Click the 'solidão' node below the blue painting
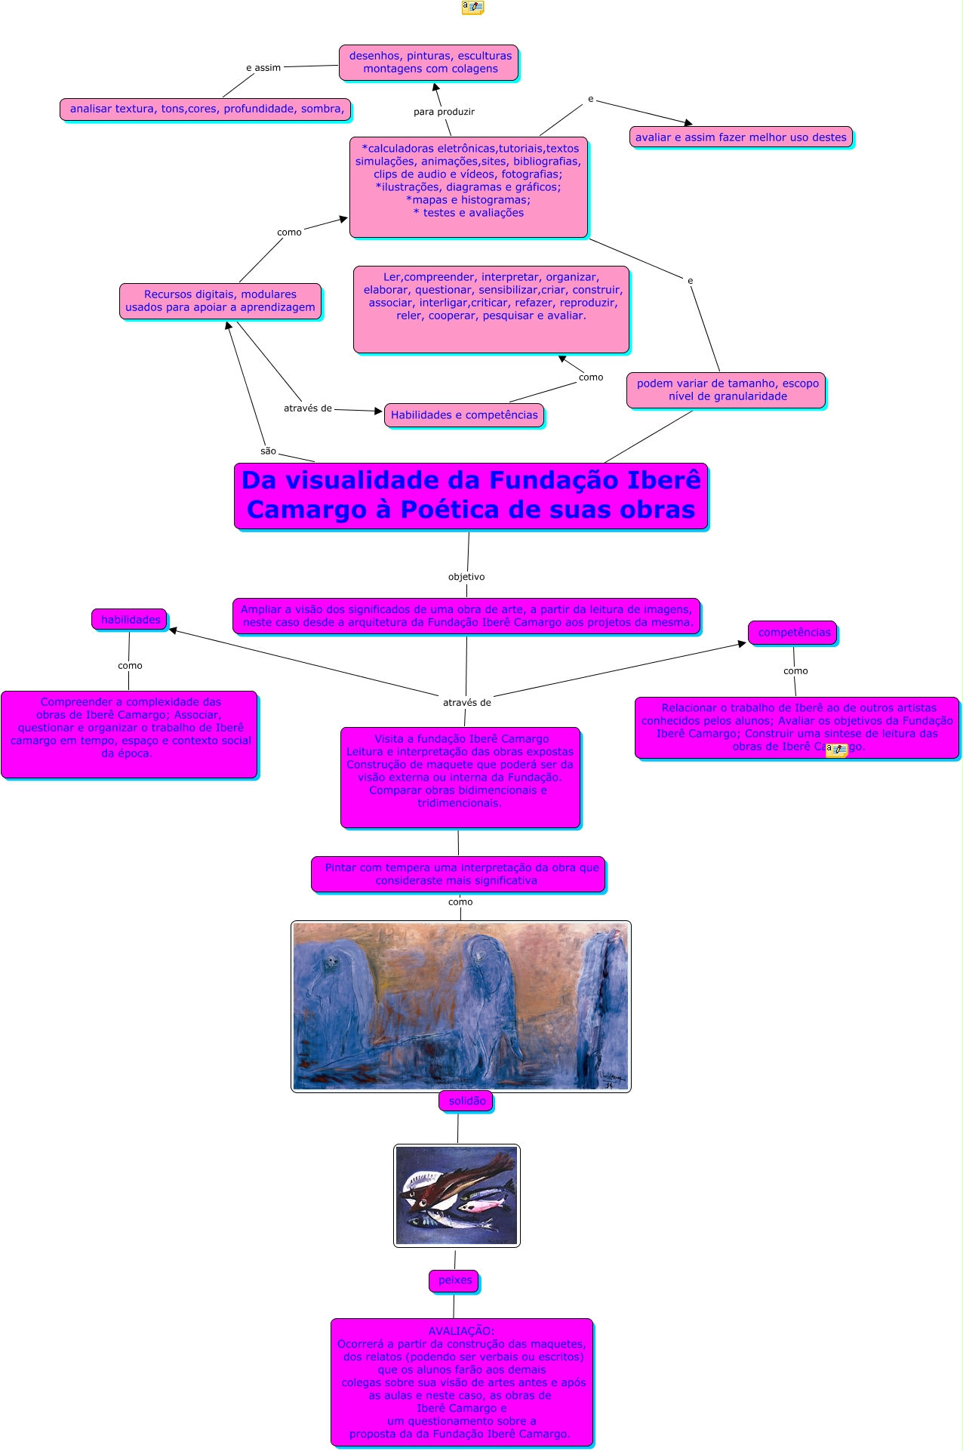click(466, 1101)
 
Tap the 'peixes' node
click(454, 1280)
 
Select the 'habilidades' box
click(130, 620)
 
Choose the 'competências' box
click(793, 633)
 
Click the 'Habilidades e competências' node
click(464, 415)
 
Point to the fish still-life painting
click(457, 1195)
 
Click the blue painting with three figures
click(460, 1006)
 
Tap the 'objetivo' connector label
click(466, 577)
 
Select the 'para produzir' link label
click(444, 112)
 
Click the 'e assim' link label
click(263, 68)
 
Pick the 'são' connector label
click(268, 451)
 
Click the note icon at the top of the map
click(472, 8)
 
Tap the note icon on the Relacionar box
click(836, 750)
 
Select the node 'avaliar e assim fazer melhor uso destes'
click(740, 137)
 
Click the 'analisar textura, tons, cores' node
click(206, 109)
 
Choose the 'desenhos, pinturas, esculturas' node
click(429, 62)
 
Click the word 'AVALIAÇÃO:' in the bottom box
click(461, 1331)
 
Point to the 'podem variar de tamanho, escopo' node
click(727, 390)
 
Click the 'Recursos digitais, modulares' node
click(220, 300)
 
